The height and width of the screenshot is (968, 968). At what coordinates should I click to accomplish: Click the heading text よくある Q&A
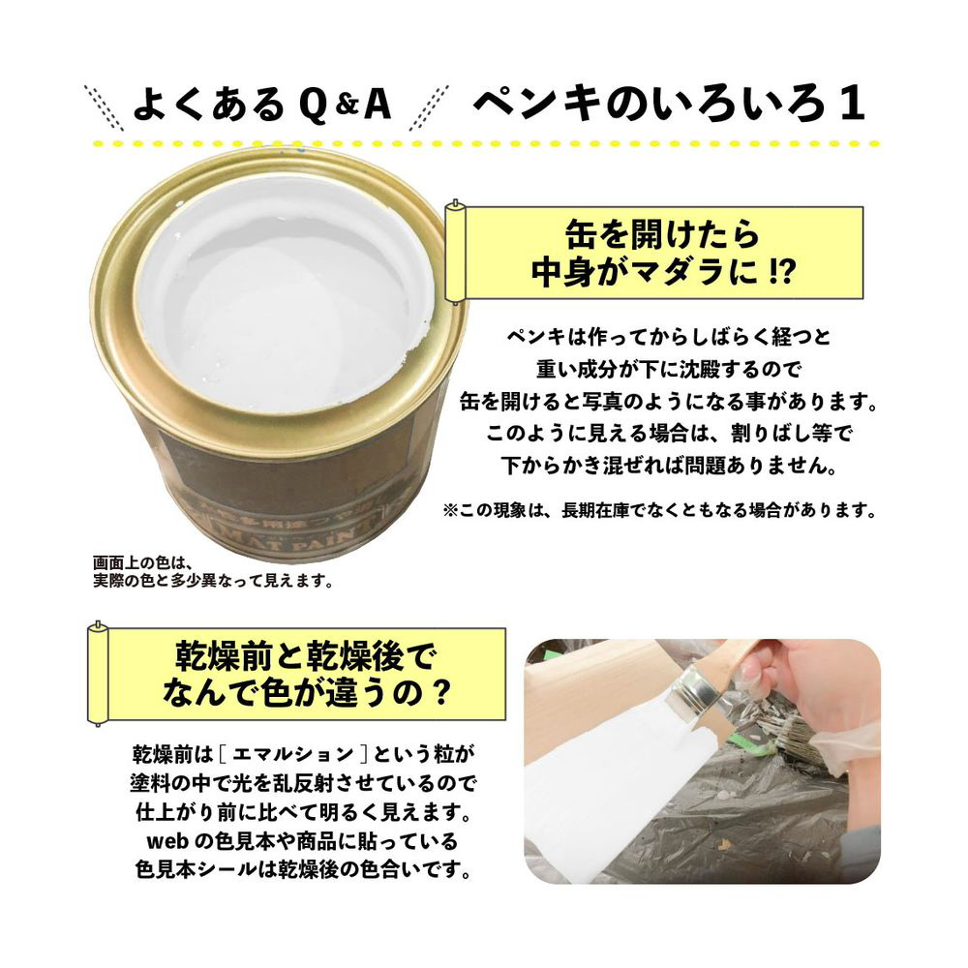[x=261, y=105]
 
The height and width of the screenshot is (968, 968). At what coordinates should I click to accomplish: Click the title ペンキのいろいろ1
[x=669, y=103]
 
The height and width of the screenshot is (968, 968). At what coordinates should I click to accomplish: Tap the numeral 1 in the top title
[x=852, y=104]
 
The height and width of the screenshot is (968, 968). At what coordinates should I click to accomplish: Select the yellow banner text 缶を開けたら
[x=662, y=234]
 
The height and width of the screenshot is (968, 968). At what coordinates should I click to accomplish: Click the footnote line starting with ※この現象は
[x=659, y=511]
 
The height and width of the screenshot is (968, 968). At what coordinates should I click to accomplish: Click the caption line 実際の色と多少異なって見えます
[x=212, y=581]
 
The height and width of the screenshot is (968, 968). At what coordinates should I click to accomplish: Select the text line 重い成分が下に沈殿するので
[x=669, y=369]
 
